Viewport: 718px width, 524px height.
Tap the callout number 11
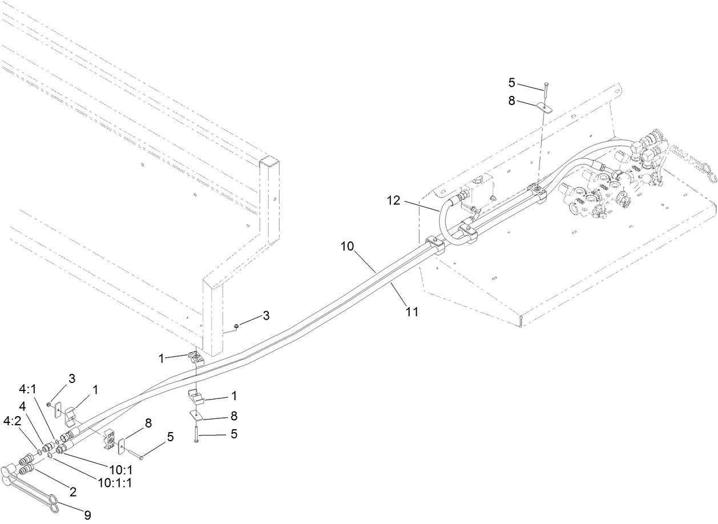point(412,312)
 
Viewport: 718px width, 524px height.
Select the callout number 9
point(87,515)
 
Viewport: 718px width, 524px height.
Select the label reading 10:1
point(120,469)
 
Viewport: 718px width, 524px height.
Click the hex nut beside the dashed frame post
point(236,326)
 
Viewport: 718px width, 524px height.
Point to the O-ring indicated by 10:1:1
point(51,455)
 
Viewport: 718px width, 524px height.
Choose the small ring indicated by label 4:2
point(39,452)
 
